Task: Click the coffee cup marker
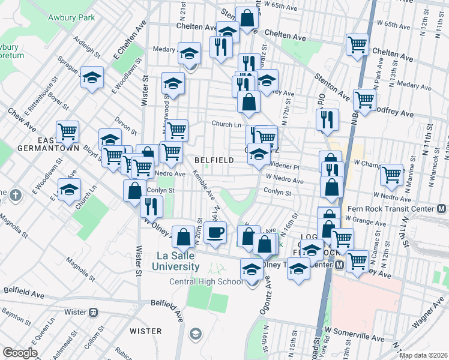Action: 215,232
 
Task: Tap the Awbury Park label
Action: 71,17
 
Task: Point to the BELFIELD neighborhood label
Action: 214,160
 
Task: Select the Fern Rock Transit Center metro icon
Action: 442,209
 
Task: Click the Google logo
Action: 20,353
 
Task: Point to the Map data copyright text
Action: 423,355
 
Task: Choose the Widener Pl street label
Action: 285,166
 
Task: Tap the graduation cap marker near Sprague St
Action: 92,77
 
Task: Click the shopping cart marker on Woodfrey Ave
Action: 364,99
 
